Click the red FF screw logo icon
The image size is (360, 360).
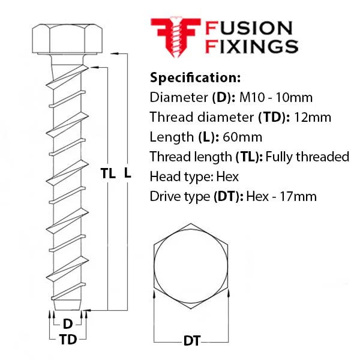pos(176,37)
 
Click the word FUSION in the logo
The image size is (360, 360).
pos(249,28)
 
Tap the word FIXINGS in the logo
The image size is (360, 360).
pos(251,46)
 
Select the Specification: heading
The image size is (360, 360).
pos(195,77)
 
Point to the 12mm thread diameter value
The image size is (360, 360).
pos(313,117)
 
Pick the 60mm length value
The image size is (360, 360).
pos(242,137)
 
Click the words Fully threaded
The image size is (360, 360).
pos(307,157)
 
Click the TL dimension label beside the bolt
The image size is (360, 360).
pos(108,173)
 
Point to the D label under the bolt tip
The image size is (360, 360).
pos(68,324)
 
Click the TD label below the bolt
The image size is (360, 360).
pos(68,340)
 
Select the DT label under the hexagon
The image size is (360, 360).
pos(192,341)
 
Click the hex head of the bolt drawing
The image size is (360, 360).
pos(67,39)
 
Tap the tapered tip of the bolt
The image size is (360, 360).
pos(67,305)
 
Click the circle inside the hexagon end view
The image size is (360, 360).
pos(191,266)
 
